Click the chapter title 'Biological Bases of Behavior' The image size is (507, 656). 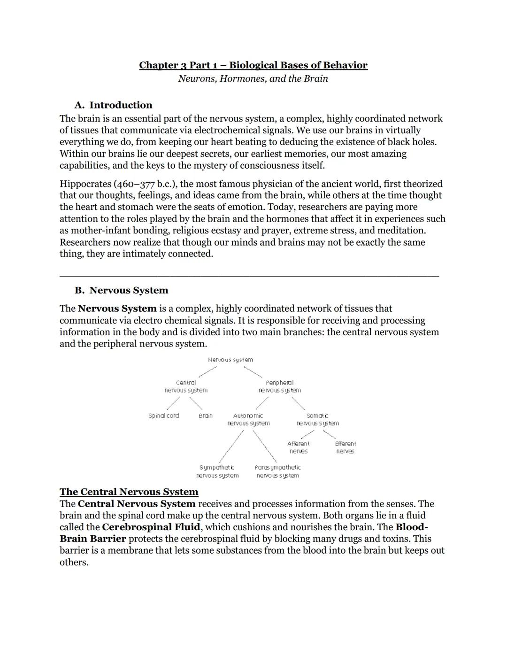298,65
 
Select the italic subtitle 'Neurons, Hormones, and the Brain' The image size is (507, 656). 253,78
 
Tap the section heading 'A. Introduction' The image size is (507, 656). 113,105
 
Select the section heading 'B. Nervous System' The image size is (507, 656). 121,290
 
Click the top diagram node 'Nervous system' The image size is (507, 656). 230,360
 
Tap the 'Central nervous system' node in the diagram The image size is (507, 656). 186,386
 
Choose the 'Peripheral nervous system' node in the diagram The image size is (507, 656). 280,386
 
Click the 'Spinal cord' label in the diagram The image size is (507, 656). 163,416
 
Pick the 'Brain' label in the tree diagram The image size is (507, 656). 206,416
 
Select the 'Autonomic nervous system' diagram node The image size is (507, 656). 248,419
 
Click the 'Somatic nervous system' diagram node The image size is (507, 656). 317,419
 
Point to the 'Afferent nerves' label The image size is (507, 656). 299,448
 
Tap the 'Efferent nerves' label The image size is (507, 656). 346,448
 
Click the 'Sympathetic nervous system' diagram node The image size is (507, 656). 217,471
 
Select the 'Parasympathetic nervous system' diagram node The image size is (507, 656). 278,471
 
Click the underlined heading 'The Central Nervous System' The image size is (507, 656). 129,492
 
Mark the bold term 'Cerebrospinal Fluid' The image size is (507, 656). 151,527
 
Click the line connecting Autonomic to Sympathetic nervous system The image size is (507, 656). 231,446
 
